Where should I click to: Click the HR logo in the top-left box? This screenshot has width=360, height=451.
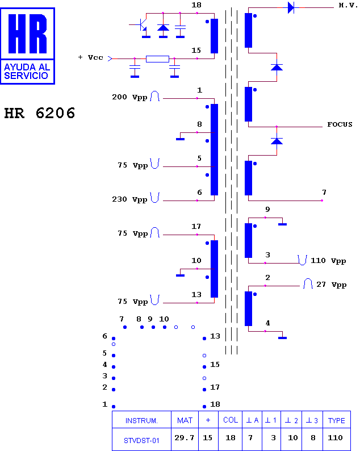tap(28, 34)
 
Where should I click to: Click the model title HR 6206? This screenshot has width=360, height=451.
tap(40, 113)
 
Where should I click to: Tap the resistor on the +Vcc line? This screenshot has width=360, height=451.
tap(157, 59)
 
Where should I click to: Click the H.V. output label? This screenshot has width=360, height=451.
tap(348, 5)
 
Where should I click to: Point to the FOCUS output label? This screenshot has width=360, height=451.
tap(340, 124)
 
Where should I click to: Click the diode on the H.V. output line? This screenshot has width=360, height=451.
tap(291, 8)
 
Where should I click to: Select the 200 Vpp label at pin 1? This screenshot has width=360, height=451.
tap(129, 97)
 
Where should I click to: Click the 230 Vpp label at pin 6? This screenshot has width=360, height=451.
tap(129, 199)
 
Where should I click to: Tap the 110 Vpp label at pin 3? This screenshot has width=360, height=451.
tap(328, 261)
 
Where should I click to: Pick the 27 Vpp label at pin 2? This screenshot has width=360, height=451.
tap(331, 285)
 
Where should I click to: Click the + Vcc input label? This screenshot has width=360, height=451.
tap(90, 57)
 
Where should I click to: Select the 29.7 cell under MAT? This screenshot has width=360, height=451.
tap(185, 438)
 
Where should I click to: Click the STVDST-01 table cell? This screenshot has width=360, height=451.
tap(141, 440)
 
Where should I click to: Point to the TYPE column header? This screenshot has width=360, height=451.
tap(336, 420)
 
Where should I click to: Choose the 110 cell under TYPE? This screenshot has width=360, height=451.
tap(335, 438)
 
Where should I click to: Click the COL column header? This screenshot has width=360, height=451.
tap(231, 420)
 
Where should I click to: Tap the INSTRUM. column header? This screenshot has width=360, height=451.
tap(141, 421)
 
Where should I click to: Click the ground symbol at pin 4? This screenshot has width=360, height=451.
tap(282, 336)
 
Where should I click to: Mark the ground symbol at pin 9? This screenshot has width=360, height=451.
tap(282, 223)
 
